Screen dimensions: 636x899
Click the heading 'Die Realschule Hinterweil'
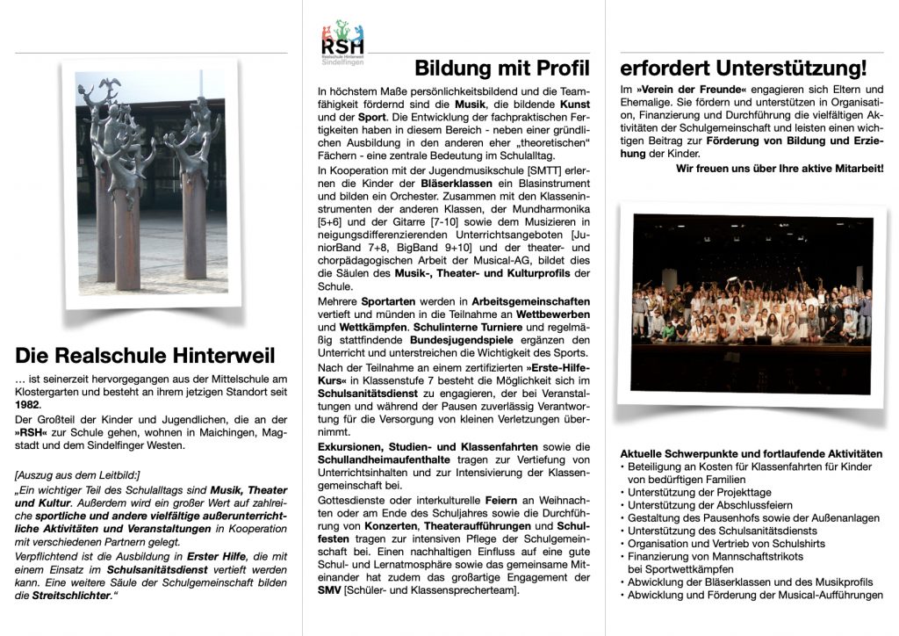click(145, 355)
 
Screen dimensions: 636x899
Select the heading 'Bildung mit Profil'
click(502, 69)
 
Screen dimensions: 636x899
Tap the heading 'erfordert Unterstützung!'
click(743, 69)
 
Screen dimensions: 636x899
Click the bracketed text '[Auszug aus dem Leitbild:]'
click(77, 475)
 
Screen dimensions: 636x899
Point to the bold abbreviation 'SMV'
click(329, 589)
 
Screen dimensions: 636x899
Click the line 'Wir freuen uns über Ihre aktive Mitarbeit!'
click(780, 168)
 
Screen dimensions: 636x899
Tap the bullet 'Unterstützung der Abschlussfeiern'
click(710, 506)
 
